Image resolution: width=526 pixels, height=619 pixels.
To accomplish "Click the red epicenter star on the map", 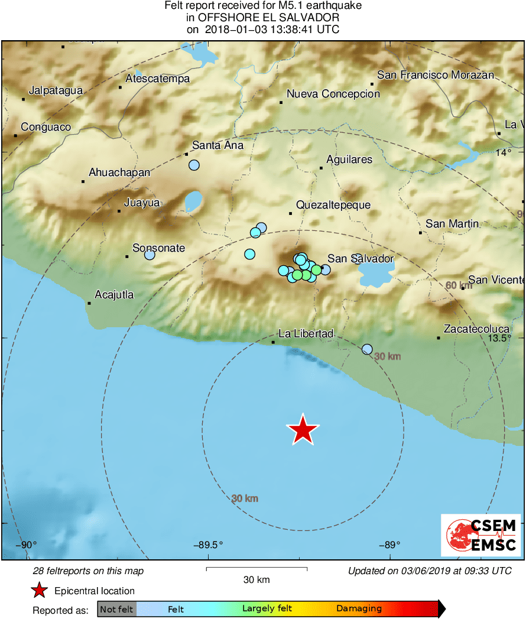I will [x=303, y=429].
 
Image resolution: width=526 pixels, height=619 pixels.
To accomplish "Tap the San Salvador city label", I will [x=361, y=259].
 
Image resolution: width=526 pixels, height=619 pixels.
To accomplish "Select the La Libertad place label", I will [x=306, y=334].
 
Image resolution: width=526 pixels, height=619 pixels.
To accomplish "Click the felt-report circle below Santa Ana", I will [x=194, y=165].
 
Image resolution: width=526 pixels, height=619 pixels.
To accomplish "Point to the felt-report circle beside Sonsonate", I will [x=150, y=255].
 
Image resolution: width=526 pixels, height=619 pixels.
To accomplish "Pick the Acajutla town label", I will [x=115, y=295].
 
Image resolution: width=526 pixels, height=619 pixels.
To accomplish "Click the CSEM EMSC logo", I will [x=481, y=535].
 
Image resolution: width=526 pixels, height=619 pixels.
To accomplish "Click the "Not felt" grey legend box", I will [x=116, y=608].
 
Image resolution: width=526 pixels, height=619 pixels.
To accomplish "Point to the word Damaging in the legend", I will [x=359, y=608].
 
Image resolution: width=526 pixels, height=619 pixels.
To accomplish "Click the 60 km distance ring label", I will [x=459, y=286].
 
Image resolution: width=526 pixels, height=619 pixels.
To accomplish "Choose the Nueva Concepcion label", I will [x=333, y=94].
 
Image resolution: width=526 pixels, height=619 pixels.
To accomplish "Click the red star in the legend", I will [x=39, y=590].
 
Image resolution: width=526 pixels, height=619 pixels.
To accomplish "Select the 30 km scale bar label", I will [x=256, y=579].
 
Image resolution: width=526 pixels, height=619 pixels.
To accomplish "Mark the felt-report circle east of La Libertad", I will [x=367, y=349].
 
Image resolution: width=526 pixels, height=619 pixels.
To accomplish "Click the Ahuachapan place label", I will [x=119, y=172].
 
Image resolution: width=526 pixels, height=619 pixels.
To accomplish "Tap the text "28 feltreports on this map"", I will [x=88, y=571].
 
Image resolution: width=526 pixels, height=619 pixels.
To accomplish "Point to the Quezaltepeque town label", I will [x=333, y=205].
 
